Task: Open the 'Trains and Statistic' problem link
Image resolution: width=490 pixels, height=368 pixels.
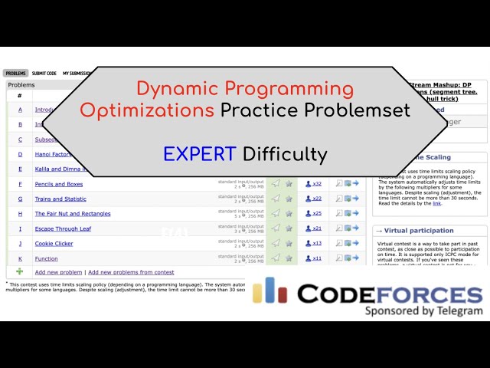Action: pyautogui.click(x=60, y=199)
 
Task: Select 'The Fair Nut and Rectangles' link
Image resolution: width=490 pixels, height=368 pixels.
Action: pyautogui.click(x=73, y=214)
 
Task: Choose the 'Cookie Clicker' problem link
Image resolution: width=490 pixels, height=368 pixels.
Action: pyautogui.click(x=54, y=243)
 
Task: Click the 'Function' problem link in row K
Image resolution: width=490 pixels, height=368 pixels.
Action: pyautogui.click(x=46, y=258)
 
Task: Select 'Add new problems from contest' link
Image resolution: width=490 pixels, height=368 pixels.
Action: pyautogui.click(x=131, y=272)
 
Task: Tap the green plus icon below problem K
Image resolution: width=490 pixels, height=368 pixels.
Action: pyautogui.click(x=20, y=271)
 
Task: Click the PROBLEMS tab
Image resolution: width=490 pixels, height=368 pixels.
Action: pyautogui.click(x=16, y=73)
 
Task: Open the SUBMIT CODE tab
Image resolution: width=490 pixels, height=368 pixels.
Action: pyautogui.click(x=44, y=73)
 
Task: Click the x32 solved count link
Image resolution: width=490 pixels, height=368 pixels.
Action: pyautogui.click(x=316, y=184)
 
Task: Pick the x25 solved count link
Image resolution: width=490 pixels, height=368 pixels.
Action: pyautogui.click(x=316, y=214)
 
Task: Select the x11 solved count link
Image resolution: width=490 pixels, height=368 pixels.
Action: pyautogui.click(x=316, y=258)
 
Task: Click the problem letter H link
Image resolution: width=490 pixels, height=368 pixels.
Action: pyautogui.click(x=20, y=214)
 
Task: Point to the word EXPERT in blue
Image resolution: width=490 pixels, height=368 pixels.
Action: pyautogui.click(x=199, y=154)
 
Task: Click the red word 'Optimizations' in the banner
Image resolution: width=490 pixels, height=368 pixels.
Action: pyautogui.click(x=147, y=110)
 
